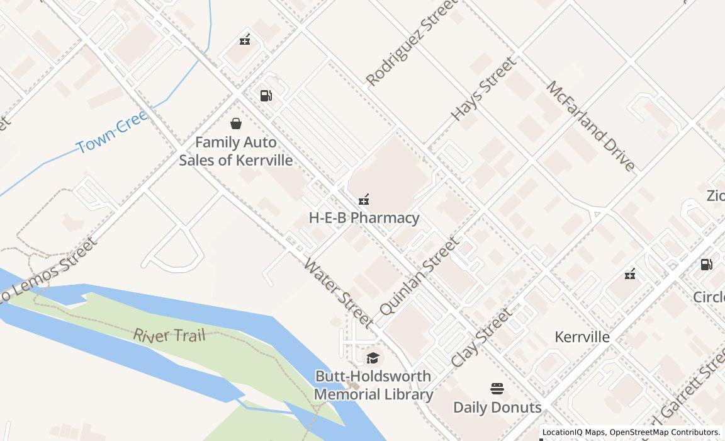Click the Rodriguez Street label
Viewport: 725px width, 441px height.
pos(412,43)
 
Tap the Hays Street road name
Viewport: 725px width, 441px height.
pos(483,89)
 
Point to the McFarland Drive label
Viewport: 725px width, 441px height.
pos(590,126)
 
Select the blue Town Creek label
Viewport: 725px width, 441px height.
pos(113,132)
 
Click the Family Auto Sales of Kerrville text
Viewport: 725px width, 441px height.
pos(236,151)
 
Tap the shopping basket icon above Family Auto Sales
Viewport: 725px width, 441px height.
pos(236,123)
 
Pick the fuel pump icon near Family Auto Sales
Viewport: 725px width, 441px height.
pos(266,96)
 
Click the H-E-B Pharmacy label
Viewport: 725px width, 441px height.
pos(364,218)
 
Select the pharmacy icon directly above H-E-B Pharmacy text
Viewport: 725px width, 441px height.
pos(363,200)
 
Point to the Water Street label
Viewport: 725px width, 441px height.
pos(338,292)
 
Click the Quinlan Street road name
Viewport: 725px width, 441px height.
pos(419,276)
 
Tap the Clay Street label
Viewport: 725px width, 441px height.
pos(481,338)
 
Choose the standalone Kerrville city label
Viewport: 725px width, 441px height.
pos(582,337)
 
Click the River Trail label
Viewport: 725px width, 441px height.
pos(169,335)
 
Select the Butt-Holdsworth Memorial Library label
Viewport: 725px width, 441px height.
pos(373,385)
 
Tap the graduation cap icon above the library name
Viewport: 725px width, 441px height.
pos(373,358)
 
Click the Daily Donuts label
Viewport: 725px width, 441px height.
pos(497,407)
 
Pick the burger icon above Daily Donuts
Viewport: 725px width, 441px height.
pos(497,389)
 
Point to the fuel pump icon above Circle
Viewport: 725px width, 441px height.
pos(707,265)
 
